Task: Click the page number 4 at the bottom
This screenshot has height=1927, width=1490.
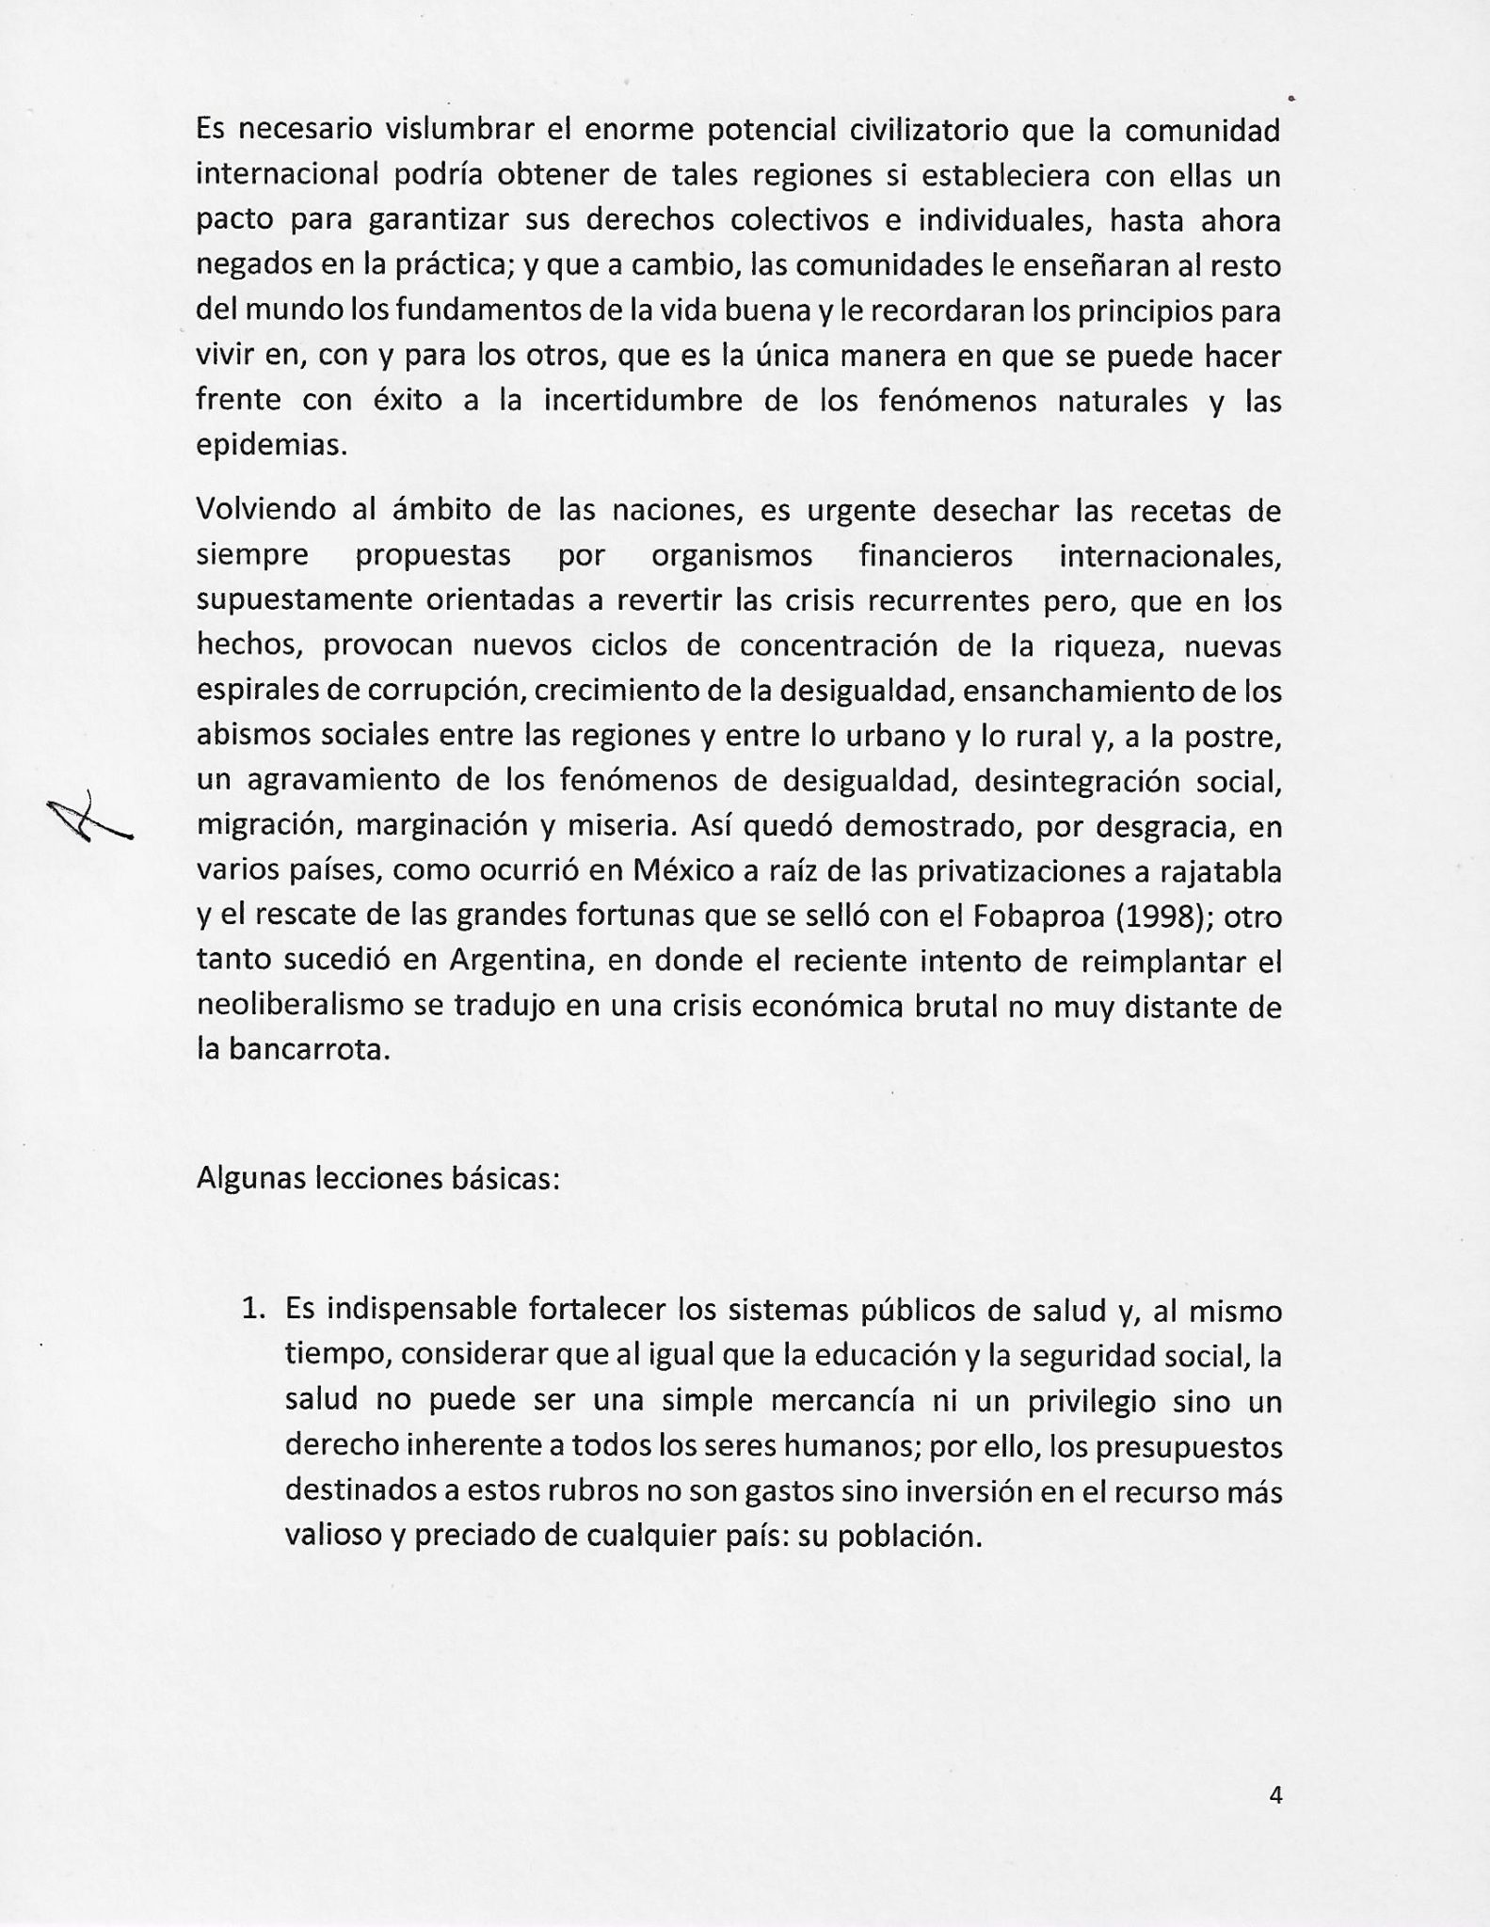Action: tap(1275, 1795)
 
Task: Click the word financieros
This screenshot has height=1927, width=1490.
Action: tap(936, 555)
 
